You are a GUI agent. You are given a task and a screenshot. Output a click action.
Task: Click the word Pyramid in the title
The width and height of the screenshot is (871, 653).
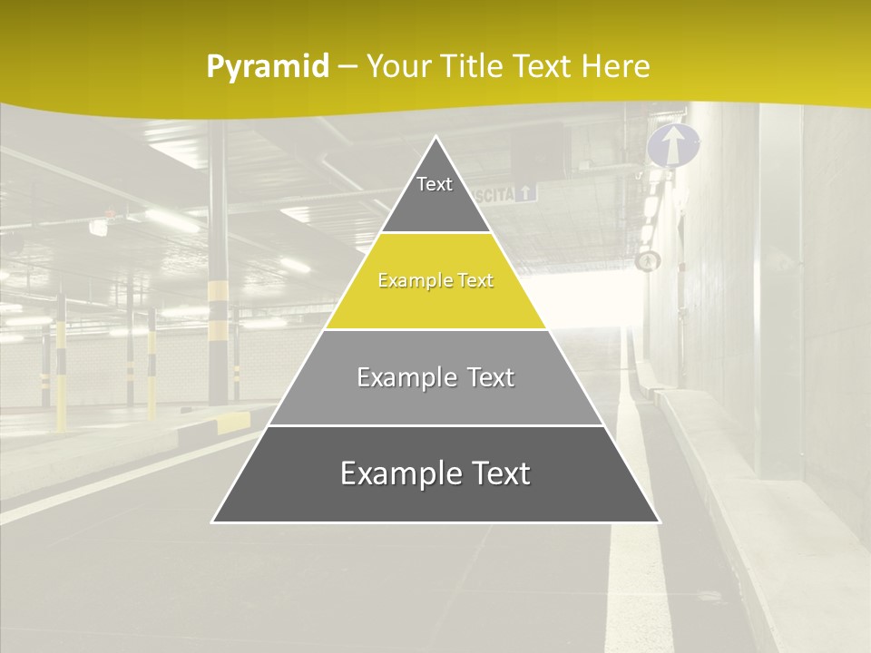point(268,66)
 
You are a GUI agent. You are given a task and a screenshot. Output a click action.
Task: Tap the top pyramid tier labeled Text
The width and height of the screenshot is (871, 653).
point(435,191)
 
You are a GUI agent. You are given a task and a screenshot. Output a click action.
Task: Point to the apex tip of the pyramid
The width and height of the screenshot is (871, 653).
point(436,138)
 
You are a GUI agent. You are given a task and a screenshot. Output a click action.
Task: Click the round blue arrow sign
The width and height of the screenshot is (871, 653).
point(673,146)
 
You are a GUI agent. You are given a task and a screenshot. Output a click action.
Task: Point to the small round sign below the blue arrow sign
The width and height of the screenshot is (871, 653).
point(647,261)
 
